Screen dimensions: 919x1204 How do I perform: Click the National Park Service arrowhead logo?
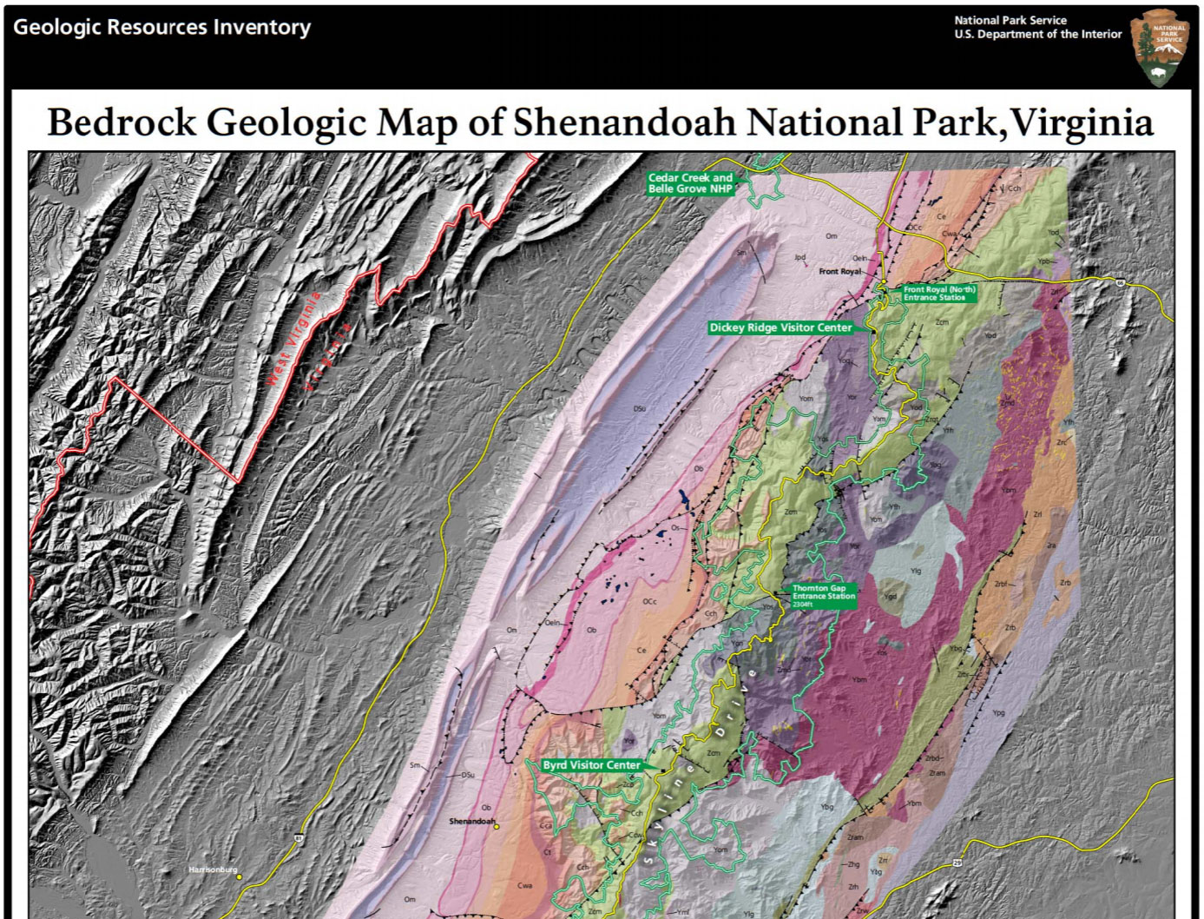pyautogui.click(x=1161, y=48)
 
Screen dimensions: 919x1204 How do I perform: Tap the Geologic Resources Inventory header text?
pyautogui.click(x=161, y=27)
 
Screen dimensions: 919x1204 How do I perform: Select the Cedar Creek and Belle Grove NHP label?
pyautogui.click(x=690, y=182)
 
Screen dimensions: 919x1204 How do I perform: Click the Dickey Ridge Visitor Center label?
pyautogui.click(x=780, y=327)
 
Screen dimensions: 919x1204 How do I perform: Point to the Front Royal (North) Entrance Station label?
pyautogui.click(x=938, y=294)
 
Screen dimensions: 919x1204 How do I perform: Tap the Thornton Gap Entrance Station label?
pyautogui.click(x=823, y=596)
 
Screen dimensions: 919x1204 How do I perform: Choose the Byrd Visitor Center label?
pyautogui.click(x=591, y=765)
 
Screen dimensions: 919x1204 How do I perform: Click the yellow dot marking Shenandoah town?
pyautogui.click(x=497, y=827)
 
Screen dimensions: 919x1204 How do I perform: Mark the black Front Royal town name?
pyautogui.click(x=839, y=272)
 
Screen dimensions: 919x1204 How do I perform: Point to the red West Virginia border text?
pyautogui.click(x=293, y=339)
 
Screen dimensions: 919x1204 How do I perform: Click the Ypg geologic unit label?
pyautogui.click(x=998, y=712)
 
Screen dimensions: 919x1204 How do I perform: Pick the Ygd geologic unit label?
pyautogui.click(x=890, y=597)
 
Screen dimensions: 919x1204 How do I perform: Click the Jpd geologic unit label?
pyautogui.click(x=799, y=258)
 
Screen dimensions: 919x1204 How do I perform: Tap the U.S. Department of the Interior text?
pyautogui.click(x=1037, y=34)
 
